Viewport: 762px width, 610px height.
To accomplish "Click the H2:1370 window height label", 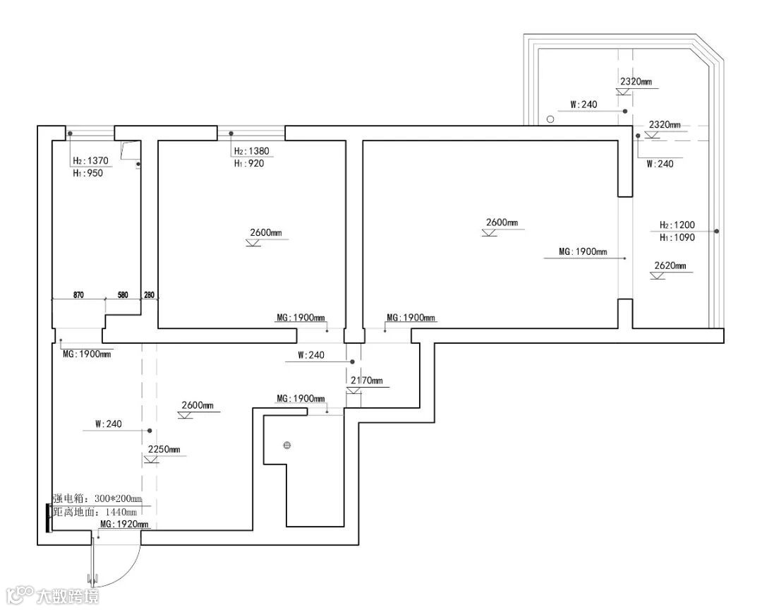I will (x=88, y=161).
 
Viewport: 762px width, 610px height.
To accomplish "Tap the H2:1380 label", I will (x=251, y=151).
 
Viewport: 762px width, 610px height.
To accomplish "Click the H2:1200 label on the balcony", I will (x=677, y=225).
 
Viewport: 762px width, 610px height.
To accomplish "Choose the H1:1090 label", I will (x=677, y=237).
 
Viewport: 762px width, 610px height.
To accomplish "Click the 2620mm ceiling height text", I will (x=670, y=266).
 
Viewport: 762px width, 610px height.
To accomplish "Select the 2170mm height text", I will (x=366, y=381).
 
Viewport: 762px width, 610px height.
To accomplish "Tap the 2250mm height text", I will (x=164, y=450).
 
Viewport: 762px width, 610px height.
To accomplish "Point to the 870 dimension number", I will (x=78, y=294).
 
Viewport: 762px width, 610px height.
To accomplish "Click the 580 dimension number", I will (x=123, y=294).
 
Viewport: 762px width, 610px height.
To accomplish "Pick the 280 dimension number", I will (x=149, y=294).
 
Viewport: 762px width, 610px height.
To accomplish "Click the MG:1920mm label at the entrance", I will (x=124, y=525).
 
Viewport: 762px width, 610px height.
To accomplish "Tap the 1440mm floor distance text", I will (x=123, y=512).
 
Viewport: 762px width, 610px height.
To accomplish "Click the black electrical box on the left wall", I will (x=48, y=518).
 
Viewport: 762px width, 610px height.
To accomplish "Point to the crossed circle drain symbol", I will (x=287, y=445).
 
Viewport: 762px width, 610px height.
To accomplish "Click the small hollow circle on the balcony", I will (x=550, y=120).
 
